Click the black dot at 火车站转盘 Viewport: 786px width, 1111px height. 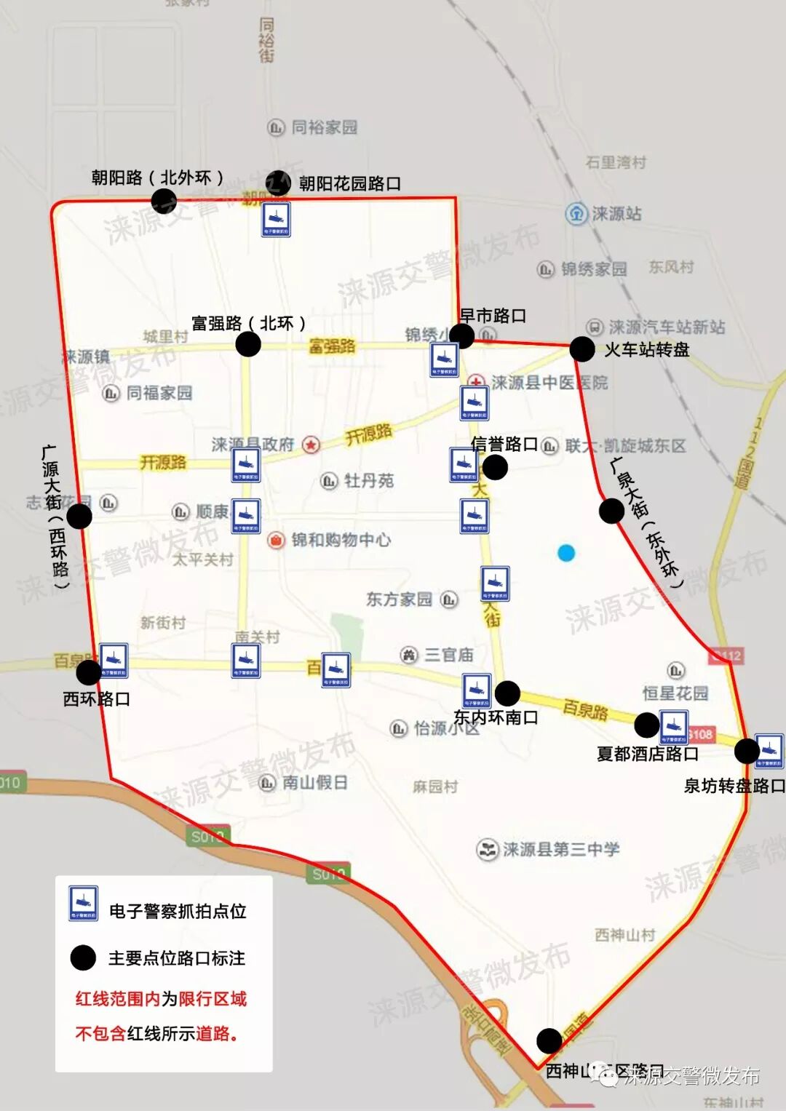click(x=582, y=349)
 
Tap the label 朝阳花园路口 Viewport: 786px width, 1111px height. click(x=350, y=183)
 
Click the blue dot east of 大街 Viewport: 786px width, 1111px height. click(x=566, y=553)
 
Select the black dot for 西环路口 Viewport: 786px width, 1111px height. click(x=89, y=672)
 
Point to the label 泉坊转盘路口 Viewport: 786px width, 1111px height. click(x=734, y=786)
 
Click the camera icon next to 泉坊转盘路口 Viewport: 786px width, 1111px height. click(x=769, y=750)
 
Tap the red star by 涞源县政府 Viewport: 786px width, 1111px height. click(x=311, y=445)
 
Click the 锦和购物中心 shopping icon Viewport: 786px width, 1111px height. click(x=276, y=540)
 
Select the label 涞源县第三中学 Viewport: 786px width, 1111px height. click(x=561, y=849)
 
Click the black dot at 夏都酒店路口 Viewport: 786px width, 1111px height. click(x=646, y=725)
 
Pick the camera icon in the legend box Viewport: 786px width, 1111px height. click(x=83, y=903)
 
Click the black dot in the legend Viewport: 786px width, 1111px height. click(x=83, y=957)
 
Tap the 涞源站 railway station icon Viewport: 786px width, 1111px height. click(x=576, y=213)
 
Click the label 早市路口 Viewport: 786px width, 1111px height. click(x=493, y=316)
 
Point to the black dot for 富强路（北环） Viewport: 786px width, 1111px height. click(x=248, y=344)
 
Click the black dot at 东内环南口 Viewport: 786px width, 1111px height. click(x=507, y=693)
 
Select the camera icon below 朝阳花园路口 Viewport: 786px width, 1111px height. click(x=277, y=219)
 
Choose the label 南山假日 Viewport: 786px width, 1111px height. click(x=314, y=783)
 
